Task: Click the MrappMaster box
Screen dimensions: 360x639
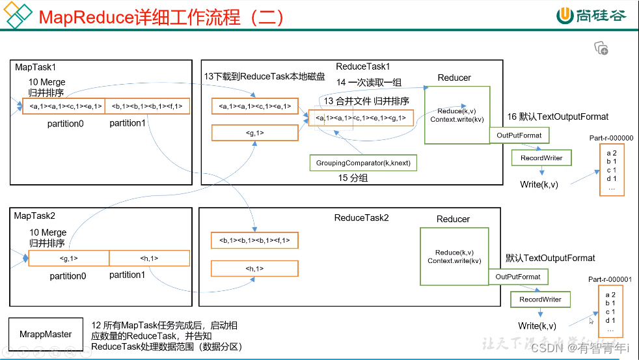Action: (x=46, y=334)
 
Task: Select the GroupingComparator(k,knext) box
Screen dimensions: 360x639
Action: (x=363, y=162)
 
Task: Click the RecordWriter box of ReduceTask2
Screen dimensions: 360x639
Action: (x=540, y=299)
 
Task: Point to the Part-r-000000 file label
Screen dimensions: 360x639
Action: (x=610, y=138)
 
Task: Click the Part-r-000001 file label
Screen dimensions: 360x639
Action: (x=610, y=279)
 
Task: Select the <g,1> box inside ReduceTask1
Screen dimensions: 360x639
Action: (x=254, y=132)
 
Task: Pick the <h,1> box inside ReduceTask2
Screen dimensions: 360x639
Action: (x=254, y=268)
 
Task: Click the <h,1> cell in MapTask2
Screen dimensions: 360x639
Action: (x=149, y=258)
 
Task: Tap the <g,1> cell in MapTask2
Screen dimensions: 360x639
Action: (x=68, y=258)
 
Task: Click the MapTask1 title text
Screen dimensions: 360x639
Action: (x=35, y=67)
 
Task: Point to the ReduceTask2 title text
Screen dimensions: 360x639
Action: (x=361, y=218)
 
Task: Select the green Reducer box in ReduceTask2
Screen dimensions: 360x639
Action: (x=454, y=256)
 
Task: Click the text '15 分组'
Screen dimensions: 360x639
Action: (x=352, y=178)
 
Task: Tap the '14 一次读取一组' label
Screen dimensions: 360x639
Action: (x=369, y=83)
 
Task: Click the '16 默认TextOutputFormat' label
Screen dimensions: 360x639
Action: (x=558, y=117)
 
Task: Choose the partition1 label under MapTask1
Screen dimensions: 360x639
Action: (x=127, y=123)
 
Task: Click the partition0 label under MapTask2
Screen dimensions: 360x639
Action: (x=68, y=276)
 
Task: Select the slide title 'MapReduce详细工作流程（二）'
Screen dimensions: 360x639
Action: (x=161, y=17)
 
